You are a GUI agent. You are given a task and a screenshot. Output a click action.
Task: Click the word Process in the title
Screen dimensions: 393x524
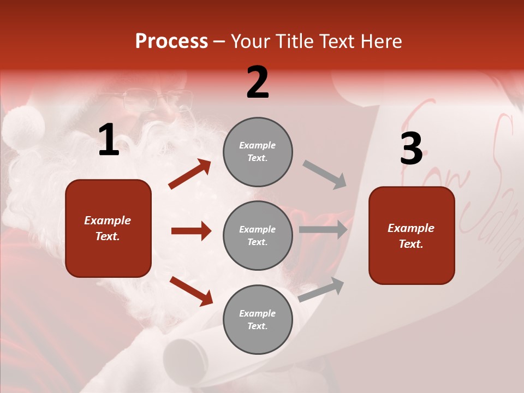coord(171,41)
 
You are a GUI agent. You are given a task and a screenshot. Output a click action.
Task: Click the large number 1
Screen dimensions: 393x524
coord(109,140)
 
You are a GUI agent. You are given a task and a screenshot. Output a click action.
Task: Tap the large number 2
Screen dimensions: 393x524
coord(258,82)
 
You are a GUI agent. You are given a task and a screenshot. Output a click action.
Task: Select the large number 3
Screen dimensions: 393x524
coord(411,148)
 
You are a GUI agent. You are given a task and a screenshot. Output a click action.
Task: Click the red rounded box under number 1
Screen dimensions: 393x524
coord(108,228)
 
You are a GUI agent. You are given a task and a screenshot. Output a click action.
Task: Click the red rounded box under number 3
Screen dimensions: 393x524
coord(412,235)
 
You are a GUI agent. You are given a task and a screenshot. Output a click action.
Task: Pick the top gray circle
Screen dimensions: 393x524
coord(258,152)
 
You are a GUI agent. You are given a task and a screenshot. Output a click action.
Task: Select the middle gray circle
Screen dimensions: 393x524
coord(258,235)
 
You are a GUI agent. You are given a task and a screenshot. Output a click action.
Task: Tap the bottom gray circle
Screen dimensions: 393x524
coord(258,319)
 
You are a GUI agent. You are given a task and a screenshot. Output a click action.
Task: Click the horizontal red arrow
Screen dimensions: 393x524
coord(191,231)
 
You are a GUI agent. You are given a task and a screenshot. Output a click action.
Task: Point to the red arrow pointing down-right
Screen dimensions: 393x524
coord(191,291)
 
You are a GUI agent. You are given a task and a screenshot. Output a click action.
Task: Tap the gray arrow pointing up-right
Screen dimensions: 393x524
coord(321,290)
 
